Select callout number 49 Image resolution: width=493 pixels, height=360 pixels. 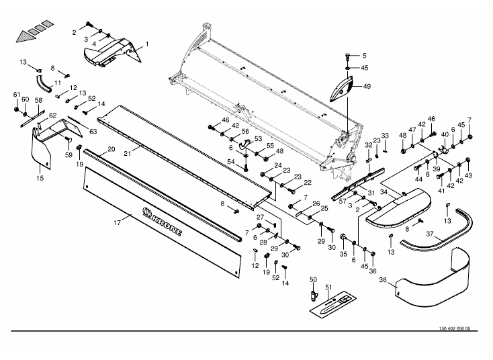367,86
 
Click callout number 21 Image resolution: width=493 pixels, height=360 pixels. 127,153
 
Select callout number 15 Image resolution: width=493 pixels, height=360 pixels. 40,178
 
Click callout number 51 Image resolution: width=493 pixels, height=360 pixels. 329,288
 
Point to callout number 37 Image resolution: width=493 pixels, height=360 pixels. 430,235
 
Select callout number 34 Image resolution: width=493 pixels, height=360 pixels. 384,192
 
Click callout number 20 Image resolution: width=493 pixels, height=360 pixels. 111,148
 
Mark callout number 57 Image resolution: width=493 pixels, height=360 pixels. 343,201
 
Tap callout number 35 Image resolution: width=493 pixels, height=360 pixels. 342,255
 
